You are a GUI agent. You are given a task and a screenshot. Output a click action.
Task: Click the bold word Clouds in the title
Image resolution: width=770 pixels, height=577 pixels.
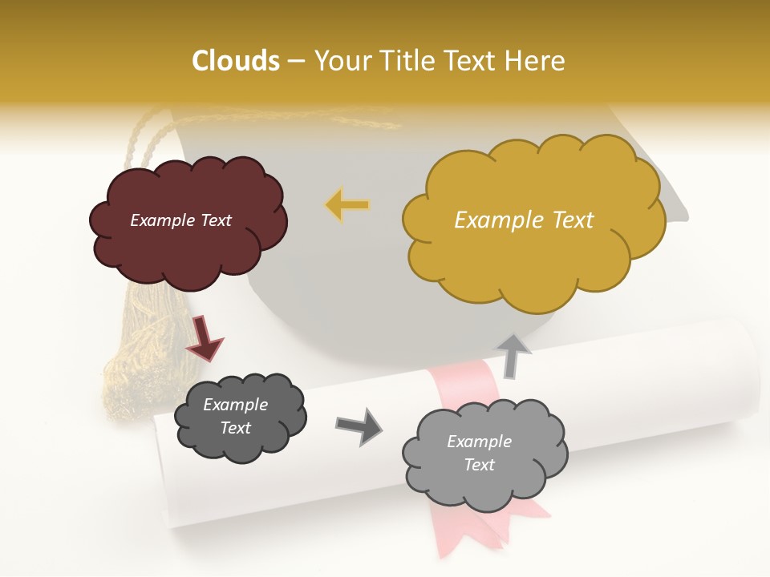236,61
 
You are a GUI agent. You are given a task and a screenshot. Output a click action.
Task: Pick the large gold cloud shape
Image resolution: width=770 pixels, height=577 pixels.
533,256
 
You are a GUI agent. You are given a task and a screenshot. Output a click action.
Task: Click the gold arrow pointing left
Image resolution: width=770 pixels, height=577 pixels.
347,205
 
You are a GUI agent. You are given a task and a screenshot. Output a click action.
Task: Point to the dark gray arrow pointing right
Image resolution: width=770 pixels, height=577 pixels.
359,426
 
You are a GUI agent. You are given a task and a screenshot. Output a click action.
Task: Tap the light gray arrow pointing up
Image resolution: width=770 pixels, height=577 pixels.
513,356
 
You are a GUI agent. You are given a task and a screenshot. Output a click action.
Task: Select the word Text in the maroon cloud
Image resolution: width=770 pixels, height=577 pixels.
214,220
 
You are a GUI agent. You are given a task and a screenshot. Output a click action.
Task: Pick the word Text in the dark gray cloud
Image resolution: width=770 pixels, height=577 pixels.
235,428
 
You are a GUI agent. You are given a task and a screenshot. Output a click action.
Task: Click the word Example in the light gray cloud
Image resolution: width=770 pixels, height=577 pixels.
479,442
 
